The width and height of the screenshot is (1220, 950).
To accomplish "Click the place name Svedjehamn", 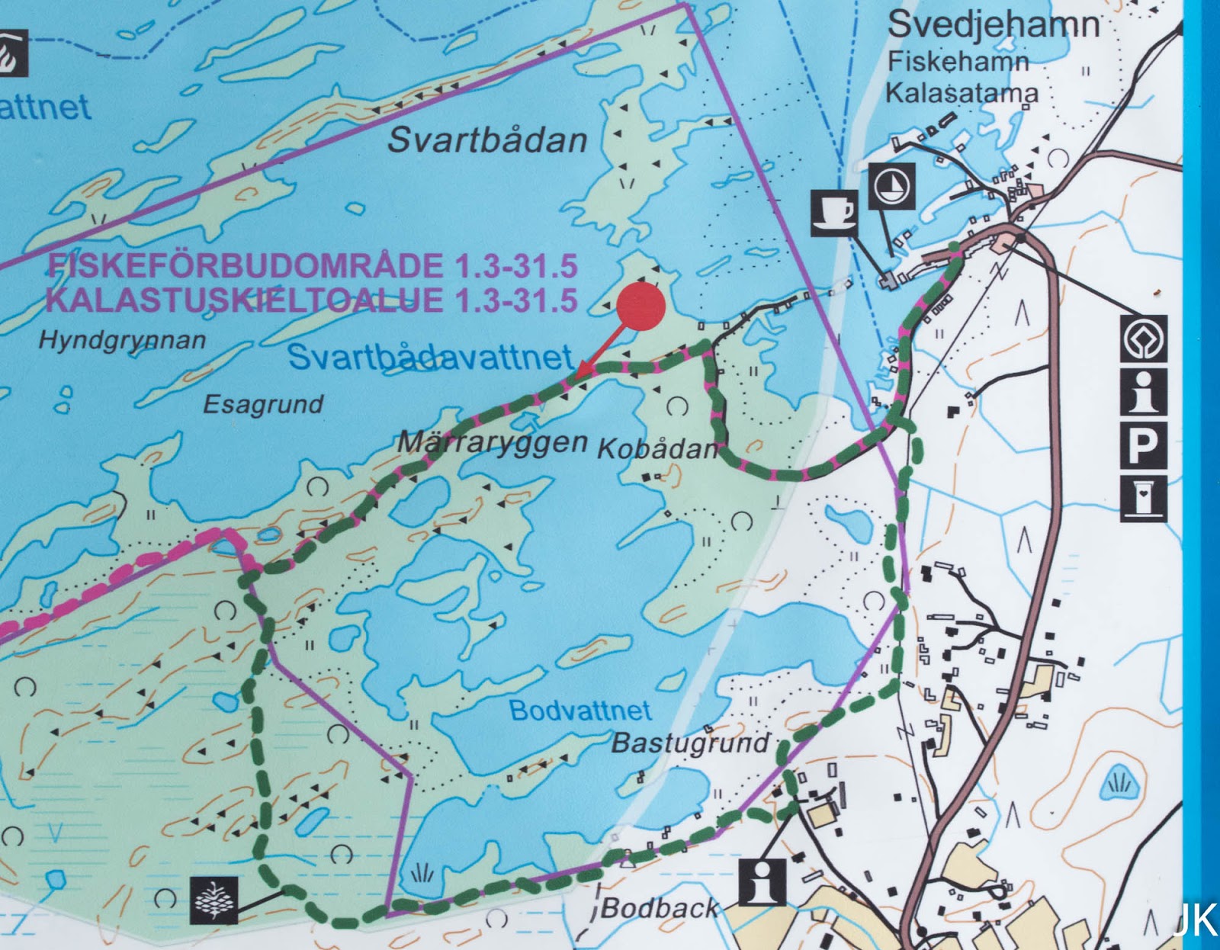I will (x=994, y=26).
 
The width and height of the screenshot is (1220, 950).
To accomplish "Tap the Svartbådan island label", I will (x=487, y=140).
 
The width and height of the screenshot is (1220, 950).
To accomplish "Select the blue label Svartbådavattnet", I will (x=430, y=358).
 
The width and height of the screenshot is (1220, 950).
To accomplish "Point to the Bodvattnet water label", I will (x=580, y=711).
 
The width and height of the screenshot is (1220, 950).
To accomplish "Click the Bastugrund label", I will (x=691, y=743).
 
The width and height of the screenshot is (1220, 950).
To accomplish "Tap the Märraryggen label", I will (x=493, y=442).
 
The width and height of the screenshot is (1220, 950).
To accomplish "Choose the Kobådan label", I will (x=657, y=448).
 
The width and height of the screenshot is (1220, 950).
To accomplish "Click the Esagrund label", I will (x=263, y=404).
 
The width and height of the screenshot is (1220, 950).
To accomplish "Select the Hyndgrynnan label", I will (x=122, y=340).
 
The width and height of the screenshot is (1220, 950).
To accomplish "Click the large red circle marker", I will (x=641, y=307).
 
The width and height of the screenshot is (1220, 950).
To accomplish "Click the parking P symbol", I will (x=1143, y=445).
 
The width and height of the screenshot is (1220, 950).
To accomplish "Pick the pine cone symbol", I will (x=214, y=900).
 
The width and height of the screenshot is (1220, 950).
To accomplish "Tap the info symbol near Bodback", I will (x=762, y=882).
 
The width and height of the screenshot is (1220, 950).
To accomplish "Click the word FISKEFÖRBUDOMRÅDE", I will (x=248, y=266).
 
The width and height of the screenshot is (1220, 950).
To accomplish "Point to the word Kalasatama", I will (x=962, y=93).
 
